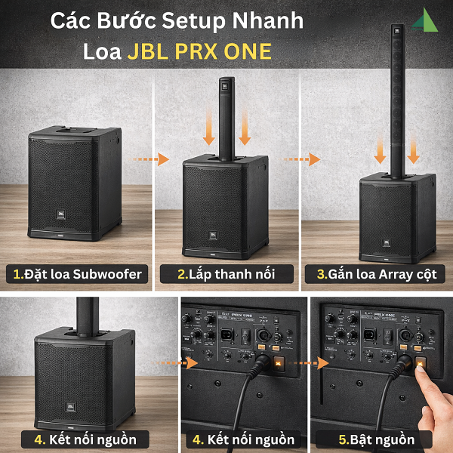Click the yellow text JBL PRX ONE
[x=200, y=51]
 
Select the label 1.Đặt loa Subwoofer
[x=76, y=274]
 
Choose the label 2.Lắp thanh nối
[x=224, y=274]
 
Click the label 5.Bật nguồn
[x=376, y=439]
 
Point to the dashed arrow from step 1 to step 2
[x=148, y=160]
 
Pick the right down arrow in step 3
[x=413, y=151]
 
